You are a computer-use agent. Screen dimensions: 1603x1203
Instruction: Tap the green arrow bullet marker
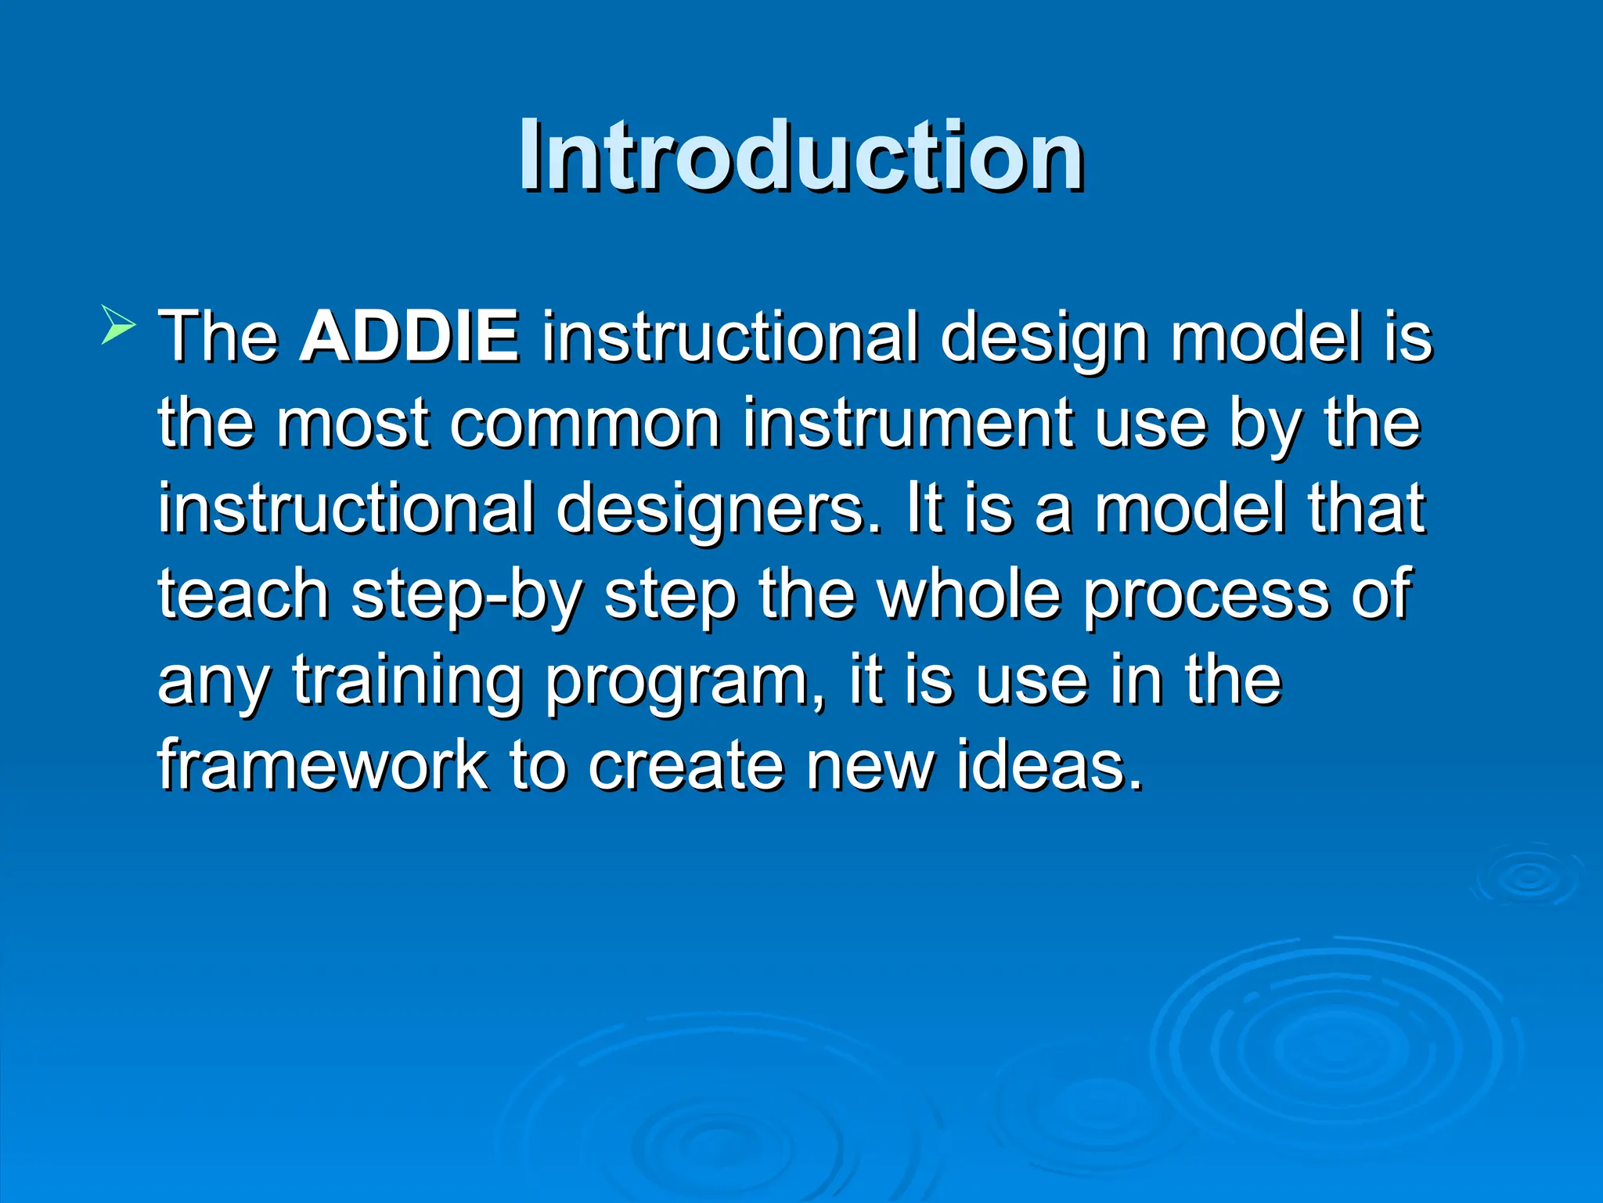(118, 325)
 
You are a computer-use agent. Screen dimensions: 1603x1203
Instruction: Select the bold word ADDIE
(409, 337)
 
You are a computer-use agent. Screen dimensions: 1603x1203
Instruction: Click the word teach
(243, 594)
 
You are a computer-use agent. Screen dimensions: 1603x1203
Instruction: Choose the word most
(352, 424)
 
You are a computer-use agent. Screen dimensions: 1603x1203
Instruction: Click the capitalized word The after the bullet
(219, 337)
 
